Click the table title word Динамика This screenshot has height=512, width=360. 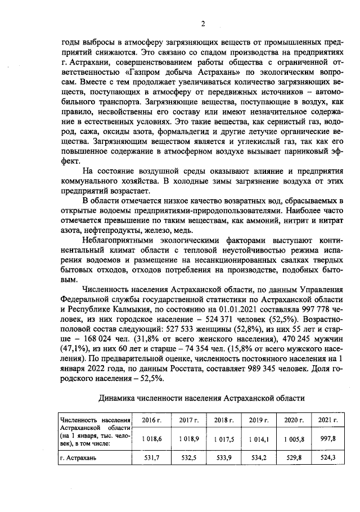[121, 398]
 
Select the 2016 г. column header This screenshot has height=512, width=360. [151, 420]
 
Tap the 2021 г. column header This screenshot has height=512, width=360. [327, 420]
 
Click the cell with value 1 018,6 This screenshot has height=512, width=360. [151, 439]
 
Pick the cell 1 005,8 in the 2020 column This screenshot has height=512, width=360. [292, 439]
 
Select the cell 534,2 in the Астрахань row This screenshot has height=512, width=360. [258, 458]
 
